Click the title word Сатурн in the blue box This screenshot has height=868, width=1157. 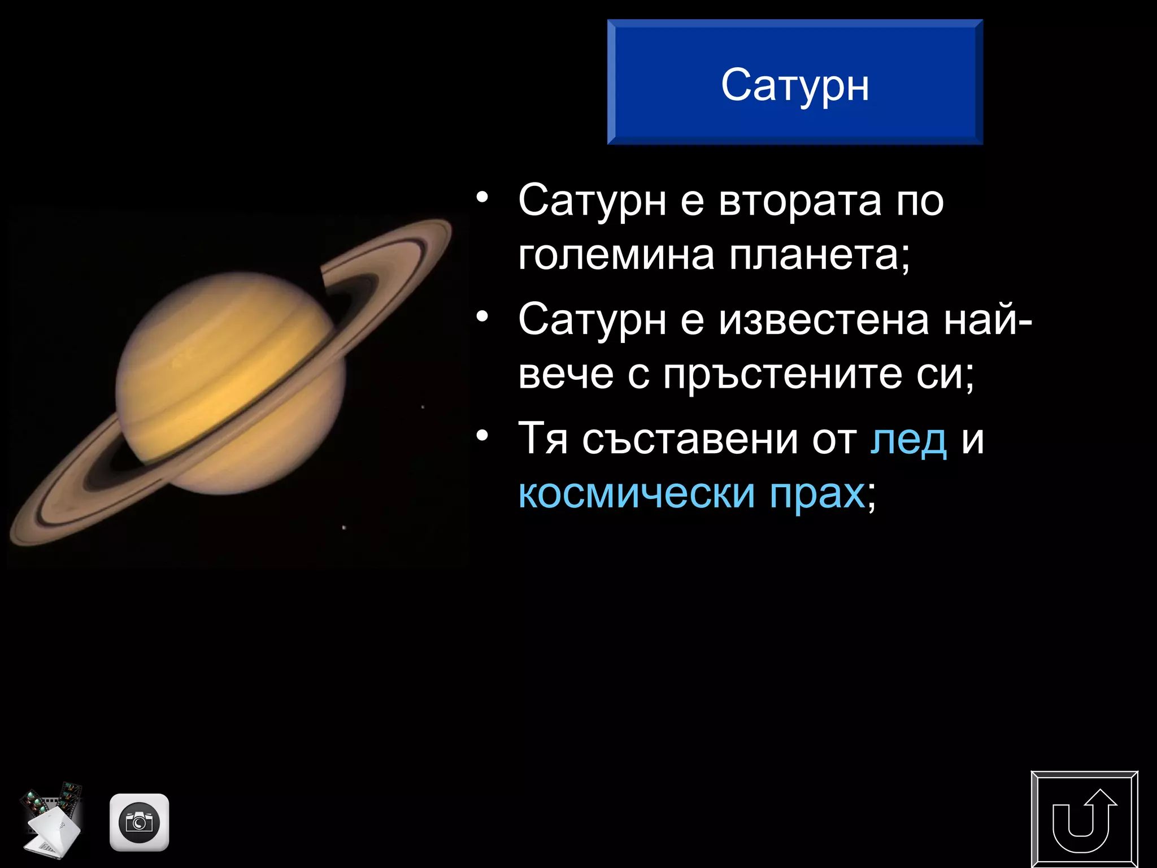click(795, 86)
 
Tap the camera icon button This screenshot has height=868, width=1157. click(139, 822)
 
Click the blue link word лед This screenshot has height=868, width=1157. click(908, 439)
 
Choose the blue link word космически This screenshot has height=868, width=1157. click(636, 493)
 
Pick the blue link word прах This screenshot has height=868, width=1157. click(817, 493)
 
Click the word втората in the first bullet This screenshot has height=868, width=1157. click(799, 200)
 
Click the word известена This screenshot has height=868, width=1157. click(824, 319)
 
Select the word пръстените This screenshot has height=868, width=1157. click(782, 374)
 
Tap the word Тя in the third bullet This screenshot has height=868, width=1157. click(543, 439)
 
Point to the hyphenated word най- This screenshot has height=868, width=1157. click(988, 319)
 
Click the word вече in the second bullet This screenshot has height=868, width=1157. click(566, 374)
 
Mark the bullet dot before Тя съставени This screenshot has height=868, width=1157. click(481, 436)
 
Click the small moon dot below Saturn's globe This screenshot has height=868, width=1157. click(344, 528)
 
